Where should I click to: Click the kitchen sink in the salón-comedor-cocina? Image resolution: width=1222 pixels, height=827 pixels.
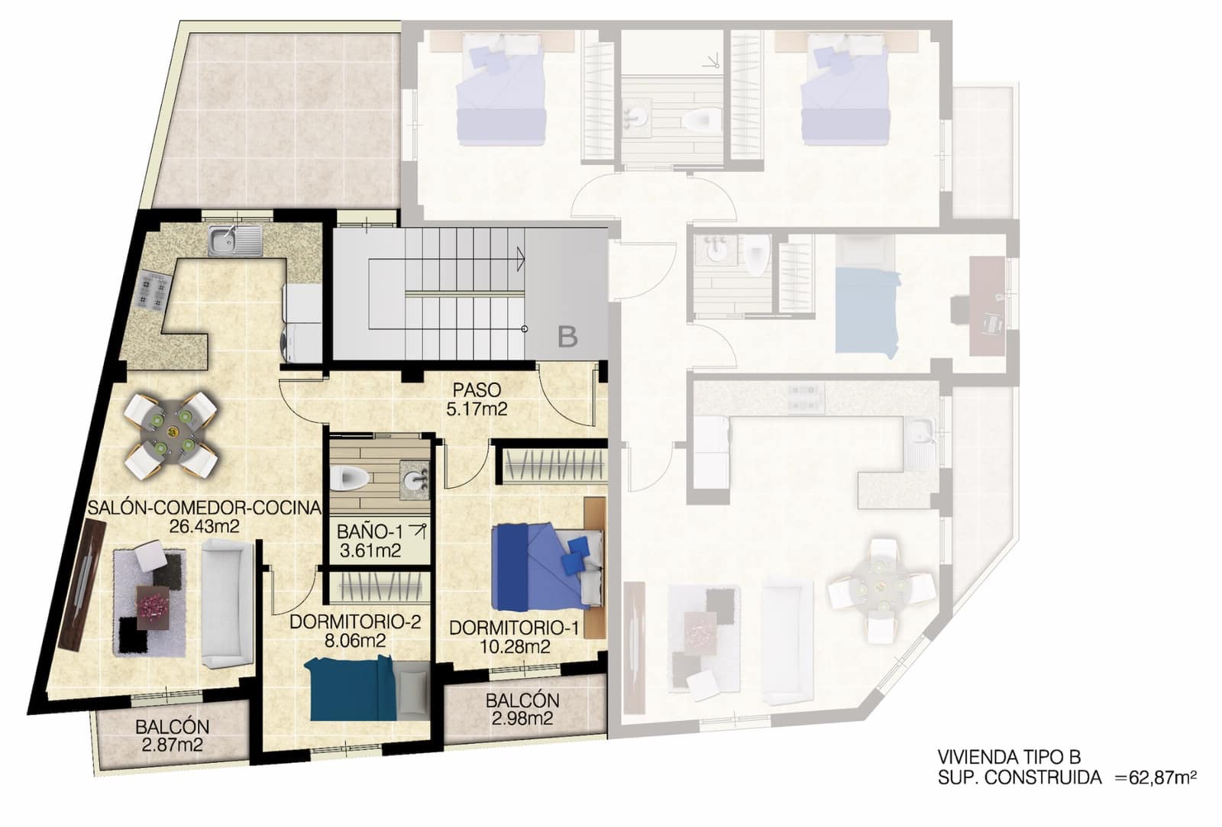234,241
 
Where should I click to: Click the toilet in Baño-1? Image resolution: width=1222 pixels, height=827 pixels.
352,478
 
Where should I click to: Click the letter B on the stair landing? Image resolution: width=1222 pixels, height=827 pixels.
567,336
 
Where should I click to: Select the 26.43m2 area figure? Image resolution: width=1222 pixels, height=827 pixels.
203,525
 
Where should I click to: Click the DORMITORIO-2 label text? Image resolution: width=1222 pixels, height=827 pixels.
355,622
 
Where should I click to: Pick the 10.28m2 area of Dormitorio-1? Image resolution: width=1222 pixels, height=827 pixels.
514,647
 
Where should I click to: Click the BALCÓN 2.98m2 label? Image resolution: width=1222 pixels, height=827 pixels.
522,709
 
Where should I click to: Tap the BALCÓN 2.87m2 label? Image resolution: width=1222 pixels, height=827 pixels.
172,737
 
